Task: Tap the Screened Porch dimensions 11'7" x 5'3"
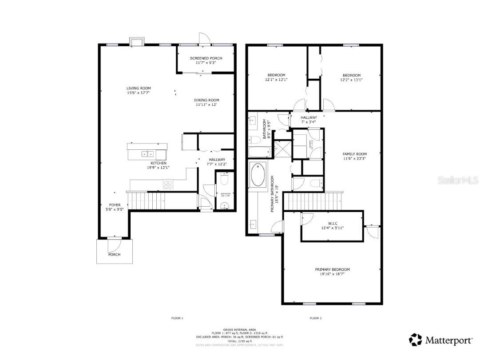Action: pyautogui.click(x=206, y=63)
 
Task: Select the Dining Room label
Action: pyautogui.click(x=207, y=100)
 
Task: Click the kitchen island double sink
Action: pyautogui.click(x=147, y=154)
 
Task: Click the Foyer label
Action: pyautogui.click(x=115, y=205)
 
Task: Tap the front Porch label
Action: pyautogui.click(x=114, y=254)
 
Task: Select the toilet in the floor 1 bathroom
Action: pyautogui.click(x=224, y=179)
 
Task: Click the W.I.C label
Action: pyautogui.click(x=332, y=223)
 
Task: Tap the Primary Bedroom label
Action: pyautogui.click(x=332, y=269)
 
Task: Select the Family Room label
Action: pyautogui.click(x=354, y=154)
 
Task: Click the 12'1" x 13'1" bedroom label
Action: pyautogui.click(x=276, y=75)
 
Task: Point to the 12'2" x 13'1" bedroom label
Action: pyautogui.click(x=351, y=75)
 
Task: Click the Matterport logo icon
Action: pyautogui.click(x=416, y=340)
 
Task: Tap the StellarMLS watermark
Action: pyautogui.click(x=457, y=180)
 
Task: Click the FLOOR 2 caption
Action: pyautogui.click(x=315, y=318)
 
